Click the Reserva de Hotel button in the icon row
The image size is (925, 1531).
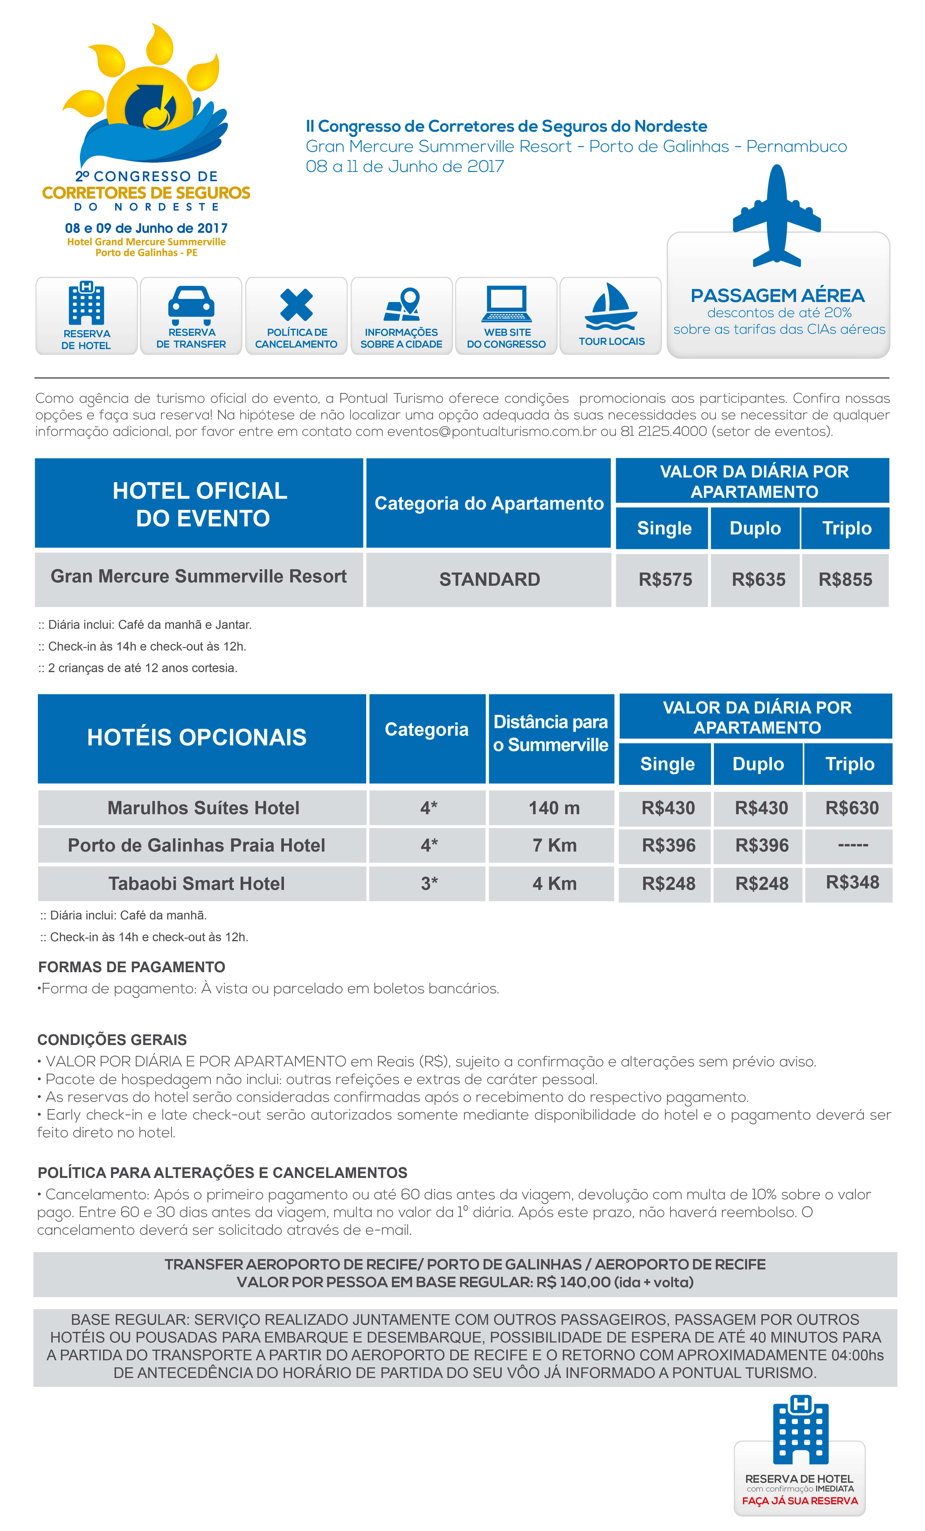pos(86,316)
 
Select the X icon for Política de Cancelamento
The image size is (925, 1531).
pos(296,304)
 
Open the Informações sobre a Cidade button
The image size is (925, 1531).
pos(401,316)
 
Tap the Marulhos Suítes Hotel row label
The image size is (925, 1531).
pos(203,808)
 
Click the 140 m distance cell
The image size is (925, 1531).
pos(553,808)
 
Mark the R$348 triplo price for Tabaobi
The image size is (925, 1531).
pos(852,882)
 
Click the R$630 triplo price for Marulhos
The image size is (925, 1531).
pos(852,808)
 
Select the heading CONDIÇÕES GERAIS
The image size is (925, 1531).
pos(112,1040)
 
